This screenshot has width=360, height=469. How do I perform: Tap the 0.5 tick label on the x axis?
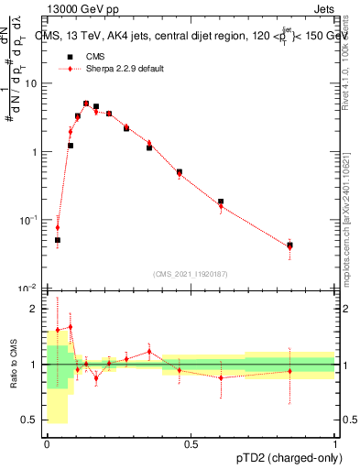(191, 444)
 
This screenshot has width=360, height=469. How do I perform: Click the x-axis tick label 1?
(334, 444)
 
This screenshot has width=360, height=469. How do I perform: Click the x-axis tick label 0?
(47, 444)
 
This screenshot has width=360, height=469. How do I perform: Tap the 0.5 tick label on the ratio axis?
(33, 420)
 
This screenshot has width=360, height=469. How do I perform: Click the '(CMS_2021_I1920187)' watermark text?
(191, 274)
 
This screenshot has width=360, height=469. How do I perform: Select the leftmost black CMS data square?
(58, 240)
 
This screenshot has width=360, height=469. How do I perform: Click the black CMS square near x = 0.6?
(221, 202)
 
